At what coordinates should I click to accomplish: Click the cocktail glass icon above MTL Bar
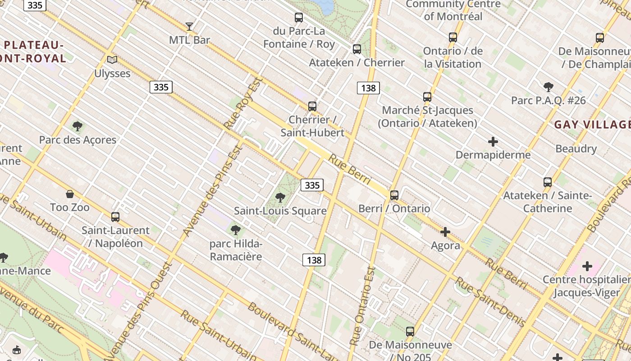tap(189, 27)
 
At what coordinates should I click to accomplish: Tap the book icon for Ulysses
tap(112, 60)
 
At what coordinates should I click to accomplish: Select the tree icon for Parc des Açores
tap(78, 126)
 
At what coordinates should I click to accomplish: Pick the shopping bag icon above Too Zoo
tap(70, 194)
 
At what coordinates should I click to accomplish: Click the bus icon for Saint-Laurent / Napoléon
tap(115, 217)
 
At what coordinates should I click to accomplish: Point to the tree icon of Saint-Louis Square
tap(280, 197)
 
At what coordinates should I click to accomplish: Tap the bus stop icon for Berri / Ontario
tap(394, 195)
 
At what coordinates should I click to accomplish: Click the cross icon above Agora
tap(445, 232)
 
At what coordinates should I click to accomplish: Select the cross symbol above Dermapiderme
tap(493, 142)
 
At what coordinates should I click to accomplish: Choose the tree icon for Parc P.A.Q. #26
tap(549, 87)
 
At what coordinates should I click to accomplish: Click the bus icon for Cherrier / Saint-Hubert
tap(312, 106)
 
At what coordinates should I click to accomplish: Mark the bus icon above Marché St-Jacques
tap(427, 97)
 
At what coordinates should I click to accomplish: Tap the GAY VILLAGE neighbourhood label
tap(592, 125)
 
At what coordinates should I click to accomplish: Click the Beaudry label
tap(576, 148)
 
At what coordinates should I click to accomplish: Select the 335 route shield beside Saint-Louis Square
tap(312, 185)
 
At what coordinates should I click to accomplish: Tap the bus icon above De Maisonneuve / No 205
tap(410, 332)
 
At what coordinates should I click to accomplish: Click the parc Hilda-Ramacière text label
tap(236, 250)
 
